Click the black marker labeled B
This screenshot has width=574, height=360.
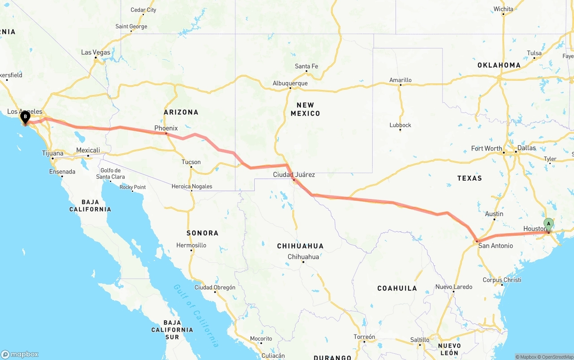pos(26,117)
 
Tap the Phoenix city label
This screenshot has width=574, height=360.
pos(166,128)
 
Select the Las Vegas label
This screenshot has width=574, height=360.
pos(96,52)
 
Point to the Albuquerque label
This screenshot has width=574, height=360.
pos(290,83)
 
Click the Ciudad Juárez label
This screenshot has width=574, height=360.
pos(294,174)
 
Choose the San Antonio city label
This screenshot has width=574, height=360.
pos(496,246)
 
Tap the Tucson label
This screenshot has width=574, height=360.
pos(191,162)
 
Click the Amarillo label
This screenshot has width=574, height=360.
pos(400,80)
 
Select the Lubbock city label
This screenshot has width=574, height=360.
pos(400,125)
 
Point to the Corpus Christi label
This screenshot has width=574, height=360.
pos(502,280)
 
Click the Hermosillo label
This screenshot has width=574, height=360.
pos(191,245)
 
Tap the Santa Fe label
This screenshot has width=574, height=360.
pos(306,66)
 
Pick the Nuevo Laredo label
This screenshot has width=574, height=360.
pos(453,287)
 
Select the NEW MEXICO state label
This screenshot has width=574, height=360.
pos(305,109)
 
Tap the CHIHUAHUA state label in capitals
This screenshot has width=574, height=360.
pos(300,246)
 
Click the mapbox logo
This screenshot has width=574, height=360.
pos(20,354)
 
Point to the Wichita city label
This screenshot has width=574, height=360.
pos(503,9)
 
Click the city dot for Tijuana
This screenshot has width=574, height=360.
pos(52,158)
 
